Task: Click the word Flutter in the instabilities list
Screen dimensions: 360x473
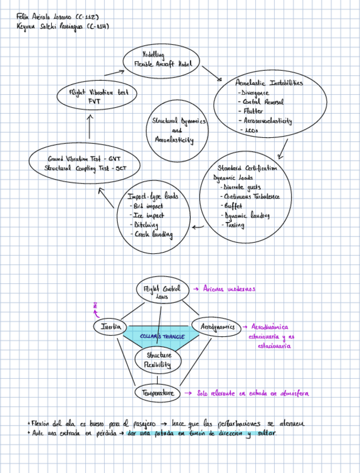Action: click(x=254, y=111)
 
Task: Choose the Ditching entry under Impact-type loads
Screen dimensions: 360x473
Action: click(x=147, y=225)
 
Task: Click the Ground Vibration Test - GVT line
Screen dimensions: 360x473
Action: click(x=84, y=158)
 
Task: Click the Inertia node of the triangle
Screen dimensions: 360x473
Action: click(x=110, y=326)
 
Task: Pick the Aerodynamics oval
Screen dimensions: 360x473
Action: click(x=216, y=326)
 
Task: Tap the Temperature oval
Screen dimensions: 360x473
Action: click(x=158, y=393)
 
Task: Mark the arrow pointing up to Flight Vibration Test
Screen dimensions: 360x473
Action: click(x=89, y=127)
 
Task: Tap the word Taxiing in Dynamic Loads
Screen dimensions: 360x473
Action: click(x=234, y=225)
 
